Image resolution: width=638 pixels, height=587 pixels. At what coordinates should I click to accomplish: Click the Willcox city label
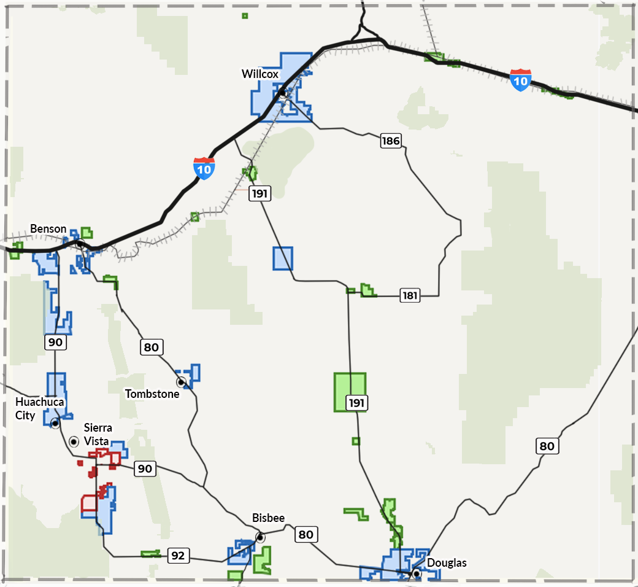pos(260,74)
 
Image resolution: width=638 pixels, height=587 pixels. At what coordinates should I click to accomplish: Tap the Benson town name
pos(48,229)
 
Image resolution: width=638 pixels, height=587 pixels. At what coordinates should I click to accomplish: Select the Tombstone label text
pos(152,394)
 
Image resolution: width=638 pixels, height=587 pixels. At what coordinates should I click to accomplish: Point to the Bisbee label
pos(269,518)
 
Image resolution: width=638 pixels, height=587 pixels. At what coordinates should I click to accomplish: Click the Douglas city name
pos(447,563)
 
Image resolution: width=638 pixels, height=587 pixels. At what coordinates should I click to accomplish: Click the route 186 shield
pos(391,141)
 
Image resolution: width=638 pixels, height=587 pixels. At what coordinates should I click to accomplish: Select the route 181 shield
pos(410,296)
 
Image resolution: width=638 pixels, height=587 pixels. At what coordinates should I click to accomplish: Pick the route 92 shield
pos(178,556)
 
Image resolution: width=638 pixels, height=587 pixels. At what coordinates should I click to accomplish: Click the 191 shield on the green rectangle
pos(356,403)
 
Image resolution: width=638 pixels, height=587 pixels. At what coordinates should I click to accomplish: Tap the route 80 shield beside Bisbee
pos(306,534)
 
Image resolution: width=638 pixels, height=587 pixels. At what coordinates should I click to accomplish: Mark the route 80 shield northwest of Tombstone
pos(151,348)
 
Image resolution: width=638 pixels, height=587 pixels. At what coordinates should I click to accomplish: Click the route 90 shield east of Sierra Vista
pos(144,469)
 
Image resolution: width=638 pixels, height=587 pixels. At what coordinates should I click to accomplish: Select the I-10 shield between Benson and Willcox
pos(204,168)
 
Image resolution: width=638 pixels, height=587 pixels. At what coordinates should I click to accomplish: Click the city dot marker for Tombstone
pos(182,382)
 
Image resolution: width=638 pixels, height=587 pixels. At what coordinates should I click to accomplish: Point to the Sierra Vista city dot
pos(74,441)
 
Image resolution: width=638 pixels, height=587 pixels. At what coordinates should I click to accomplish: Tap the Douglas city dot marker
pos(417,573)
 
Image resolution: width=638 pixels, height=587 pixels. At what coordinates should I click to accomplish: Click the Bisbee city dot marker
pos(260,537)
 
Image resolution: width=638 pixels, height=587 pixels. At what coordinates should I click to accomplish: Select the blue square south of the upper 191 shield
pos(283,259)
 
